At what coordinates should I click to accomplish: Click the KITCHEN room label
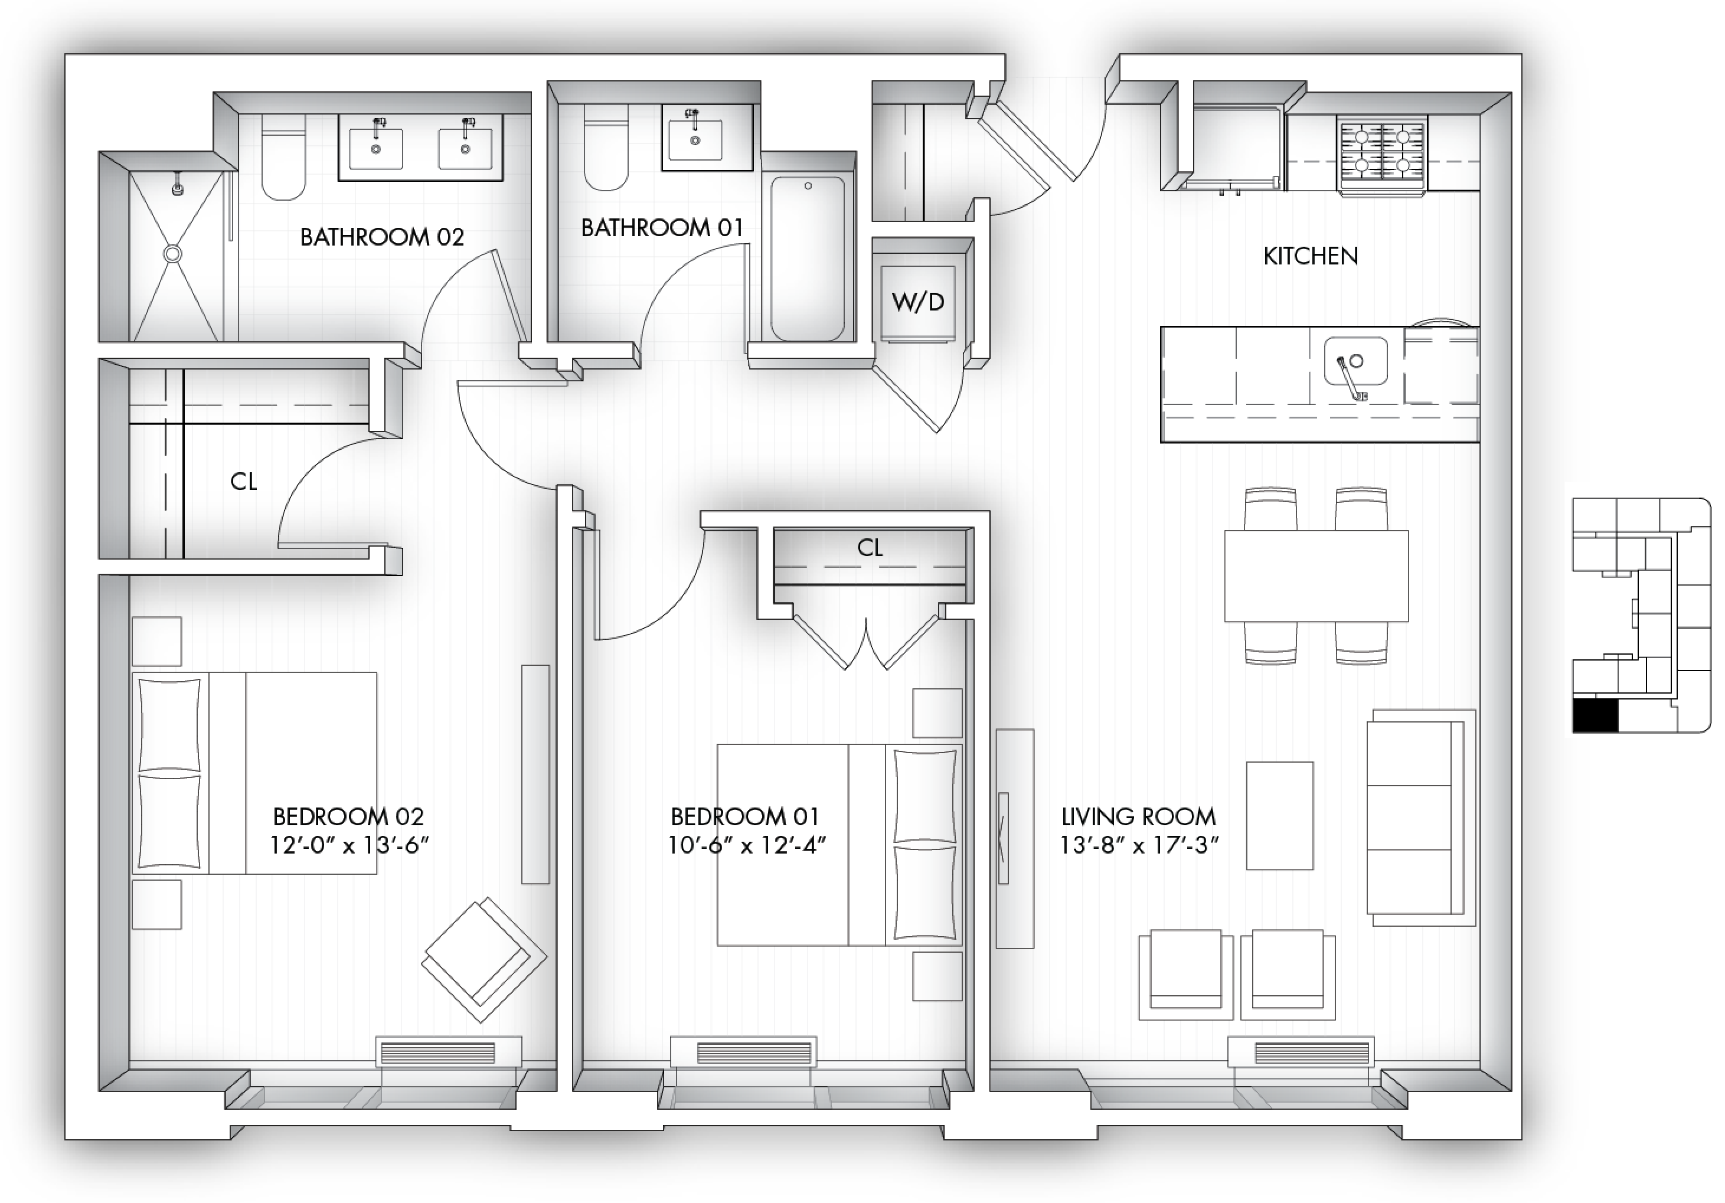point(1310,256)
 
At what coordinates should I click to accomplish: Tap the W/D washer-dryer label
point(917,302)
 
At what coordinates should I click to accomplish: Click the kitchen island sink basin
point(1355,361)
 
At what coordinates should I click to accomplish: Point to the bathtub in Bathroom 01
point(808,259)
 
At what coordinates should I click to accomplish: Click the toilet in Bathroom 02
point(284,157)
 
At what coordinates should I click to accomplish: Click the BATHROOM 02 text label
point(382,237)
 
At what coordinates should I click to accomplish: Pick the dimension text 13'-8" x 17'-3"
point(1139,845)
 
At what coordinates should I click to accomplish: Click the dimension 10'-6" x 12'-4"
point(747,845)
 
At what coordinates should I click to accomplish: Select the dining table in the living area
point(1316,576)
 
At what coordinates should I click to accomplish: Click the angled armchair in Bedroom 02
point(484,960)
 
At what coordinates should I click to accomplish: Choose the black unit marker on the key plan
point(1595,716)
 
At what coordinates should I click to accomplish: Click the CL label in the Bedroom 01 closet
point(870,548)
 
